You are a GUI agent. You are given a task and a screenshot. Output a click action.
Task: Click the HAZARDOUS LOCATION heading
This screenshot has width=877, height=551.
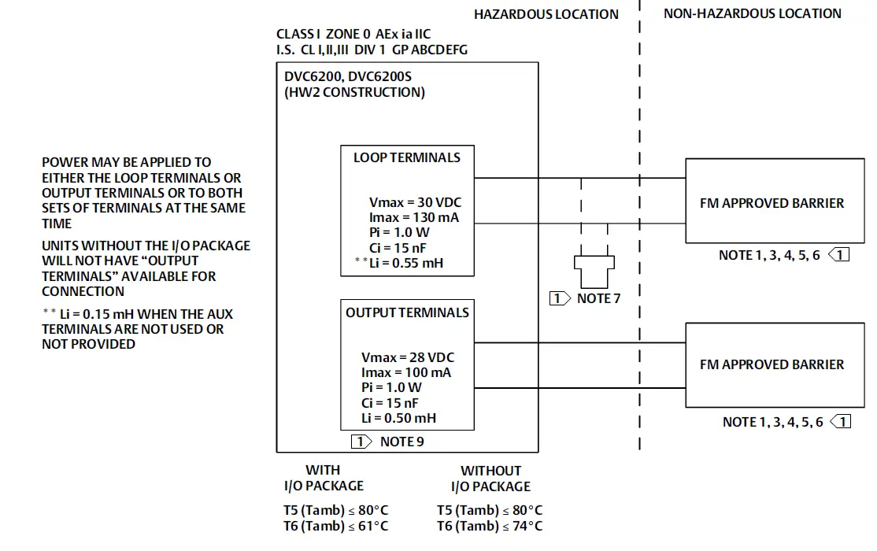546,14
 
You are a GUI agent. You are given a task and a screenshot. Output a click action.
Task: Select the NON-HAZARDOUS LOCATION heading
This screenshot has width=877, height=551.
752,13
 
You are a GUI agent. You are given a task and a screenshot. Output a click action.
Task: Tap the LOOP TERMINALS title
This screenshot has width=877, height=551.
406,157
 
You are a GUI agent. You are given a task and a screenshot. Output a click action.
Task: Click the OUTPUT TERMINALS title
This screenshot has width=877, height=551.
407,312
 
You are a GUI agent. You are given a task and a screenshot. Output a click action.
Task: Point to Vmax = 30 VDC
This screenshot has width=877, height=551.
415,202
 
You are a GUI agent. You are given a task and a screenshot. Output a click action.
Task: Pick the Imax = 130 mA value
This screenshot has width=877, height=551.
414,217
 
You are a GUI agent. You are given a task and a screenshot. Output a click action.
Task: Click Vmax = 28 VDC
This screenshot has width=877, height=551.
407,357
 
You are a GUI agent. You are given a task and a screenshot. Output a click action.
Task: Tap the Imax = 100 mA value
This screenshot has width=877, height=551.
406,372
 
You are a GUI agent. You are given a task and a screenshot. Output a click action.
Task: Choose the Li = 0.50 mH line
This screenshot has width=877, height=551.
398,418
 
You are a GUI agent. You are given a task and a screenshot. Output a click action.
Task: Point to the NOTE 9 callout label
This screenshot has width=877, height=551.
401,442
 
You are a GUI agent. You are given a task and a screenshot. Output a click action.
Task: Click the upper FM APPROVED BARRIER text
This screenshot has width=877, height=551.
771,203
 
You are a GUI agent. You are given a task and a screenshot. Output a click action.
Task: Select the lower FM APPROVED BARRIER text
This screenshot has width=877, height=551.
771,364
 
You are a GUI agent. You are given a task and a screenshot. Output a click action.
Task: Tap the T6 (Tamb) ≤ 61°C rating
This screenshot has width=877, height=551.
335,526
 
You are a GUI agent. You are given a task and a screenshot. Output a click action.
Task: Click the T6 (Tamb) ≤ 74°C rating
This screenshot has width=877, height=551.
490,526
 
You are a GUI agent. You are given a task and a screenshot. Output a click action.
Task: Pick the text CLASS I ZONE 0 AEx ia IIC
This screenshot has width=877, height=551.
353,35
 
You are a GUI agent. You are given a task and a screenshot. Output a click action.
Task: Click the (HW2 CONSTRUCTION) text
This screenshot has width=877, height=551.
354,92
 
